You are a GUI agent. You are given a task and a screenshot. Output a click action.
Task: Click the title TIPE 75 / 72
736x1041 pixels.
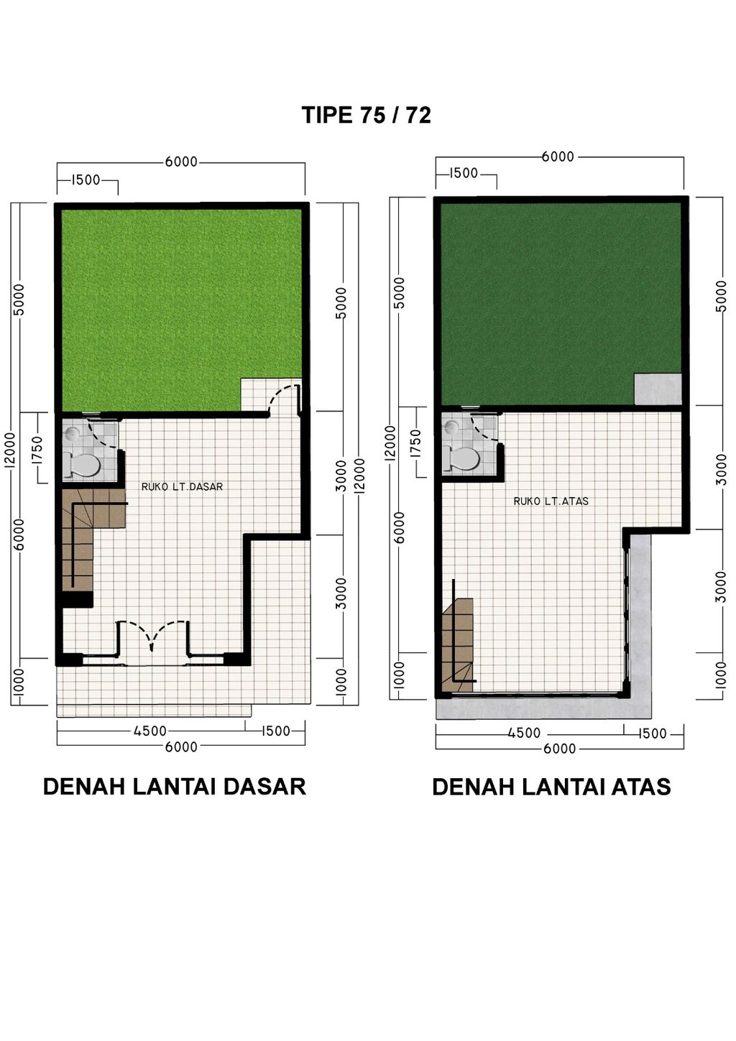[367, 115]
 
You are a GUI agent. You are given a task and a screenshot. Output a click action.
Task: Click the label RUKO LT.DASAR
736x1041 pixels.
[182, 486]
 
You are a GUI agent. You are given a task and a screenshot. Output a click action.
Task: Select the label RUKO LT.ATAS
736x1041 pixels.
[551, 501]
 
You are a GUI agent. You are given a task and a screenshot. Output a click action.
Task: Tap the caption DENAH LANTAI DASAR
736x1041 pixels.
[175, 786]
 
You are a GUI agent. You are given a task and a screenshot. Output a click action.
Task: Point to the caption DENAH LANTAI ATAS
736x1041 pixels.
[551, 787]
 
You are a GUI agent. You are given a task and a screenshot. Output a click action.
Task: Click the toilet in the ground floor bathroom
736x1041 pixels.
[84, 465]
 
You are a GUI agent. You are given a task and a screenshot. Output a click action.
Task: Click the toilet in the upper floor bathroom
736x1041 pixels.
[462, 458]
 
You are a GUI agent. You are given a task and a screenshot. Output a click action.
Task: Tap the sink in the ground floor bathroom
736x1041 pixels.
[72, 434]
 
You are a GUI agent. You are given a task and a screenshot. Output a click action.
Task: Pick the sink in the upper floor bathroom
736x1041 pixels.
[451, 427]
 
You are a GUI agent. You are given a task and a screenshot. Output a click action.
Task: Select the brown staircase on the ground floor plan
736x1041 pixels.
[79, 535]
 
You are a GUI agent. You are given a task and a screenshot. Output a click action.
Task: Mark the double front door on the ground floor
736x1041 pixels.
[152, 637]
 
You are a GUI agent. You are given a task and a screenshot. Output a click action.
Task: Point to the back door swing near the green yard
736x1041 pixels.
[283, 399]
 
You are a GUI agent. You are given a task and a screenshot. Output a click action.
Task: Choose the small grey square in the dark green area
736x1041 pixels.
[657, 389]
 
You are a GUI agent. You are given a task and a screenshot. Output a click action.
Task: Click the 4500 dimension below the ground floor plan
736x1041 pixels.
[150, 731]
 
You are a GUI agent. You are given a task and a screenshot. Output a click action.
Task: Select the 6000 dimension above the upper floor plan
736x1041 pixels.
[558, 157]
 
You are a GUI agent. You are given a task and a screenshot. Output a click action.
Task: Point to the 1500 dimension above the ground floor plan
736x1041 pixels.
[86, 180]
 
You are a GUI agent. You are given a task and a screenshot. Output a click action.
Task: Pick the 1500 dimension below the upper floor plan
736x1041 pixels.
[653, 734]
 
